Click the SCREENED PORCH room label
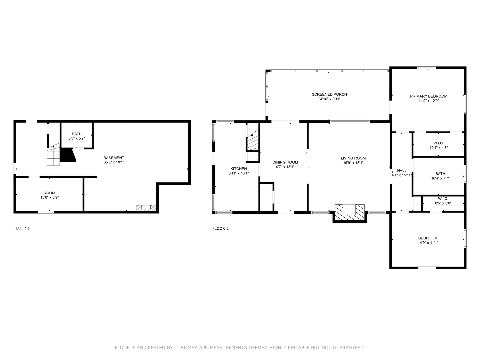click(329, 94)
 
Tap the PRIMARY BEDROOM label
click(428, 96)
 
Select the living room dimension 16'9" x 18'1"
click(353, 163)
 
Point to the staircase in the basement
click(53, 156)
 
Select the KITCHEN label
click(239, 169)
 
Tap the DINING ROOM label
click(285, 162)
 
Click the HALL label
click(402, 170)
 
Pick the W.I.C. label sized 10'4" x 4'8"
click(438, 143)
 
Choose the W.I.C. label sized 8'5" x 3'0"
click(443, 199)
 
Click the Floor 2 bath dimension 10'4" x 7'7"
click(440, 178)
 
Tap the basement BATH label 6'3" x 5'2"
click(77, 134)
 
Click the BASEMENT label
click(114, 158)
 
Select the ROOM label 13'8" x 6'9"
click(49, 193)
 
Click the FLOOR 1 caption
click(21, 228)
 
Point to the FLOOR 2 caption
click(220, 229)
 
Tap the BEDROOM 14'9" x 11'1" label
click(428, 238)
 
